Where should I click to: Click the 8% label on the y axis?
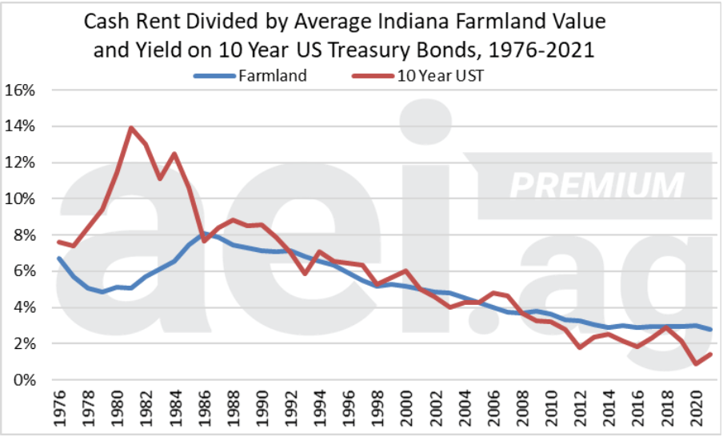coord(22,235)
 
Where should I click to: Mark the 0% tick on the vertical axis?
coord(22,379)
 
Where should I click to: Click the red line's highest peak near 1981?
coord(132,128)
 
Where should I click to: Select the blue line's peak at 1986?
coord(205,233)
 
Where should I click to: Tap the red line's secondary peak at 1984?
coord(174,154)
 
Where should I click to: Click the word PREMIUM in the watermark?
coord(597,185)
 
